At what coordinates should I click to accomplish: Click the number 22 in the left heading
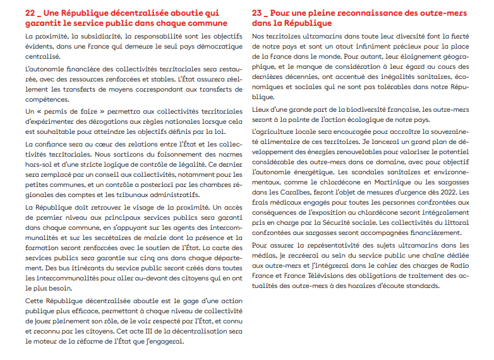click(31, 12)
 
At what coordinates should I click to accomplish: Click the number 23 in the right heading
click(258, 12)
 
